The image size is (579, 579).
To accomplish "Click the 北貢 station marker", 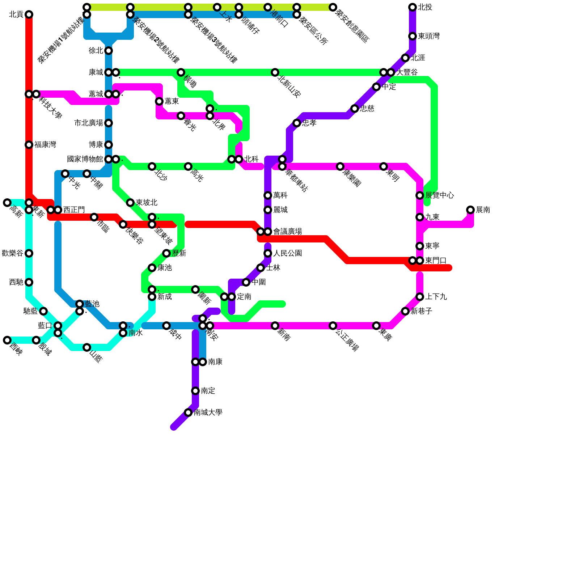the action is [29, 14].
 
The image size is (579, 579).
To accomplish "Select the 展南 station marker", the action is [470, 210].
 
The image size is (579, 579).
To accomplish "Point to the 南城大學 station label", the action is [208, 413].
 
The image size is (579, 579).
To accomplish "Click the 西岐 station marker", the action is [7, 340].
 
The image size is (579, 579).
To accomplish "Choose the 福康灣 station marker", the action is [29, 145].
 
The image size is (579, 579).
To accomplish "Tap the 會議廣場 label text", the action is [287, 232].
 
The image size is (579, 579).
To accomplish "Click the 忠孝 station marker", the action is [297, 123].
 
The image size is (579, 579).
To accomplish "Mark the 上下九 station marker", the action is [420, 297].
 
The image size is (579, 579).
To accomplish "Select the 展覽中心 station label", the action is [439, 195].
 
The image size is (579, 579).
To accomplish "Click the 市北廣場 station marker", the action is [109, 123].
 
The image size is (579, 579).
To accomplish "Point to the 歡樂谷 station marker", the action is [29, 253].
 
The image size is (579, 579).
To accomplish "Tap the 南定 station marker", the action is [195, 391].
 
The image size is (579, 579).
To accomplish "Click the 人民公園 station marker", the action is [268, 253].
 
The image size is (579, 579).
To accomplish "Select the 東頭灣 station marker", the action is [413, 36].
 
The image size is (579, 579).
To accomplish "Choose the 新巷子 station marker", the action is [405, 311].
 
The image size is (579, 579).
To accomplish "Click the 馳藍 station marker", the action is [43, 311].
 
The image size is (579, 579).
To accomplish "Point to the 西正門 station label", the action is [74, 210].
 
